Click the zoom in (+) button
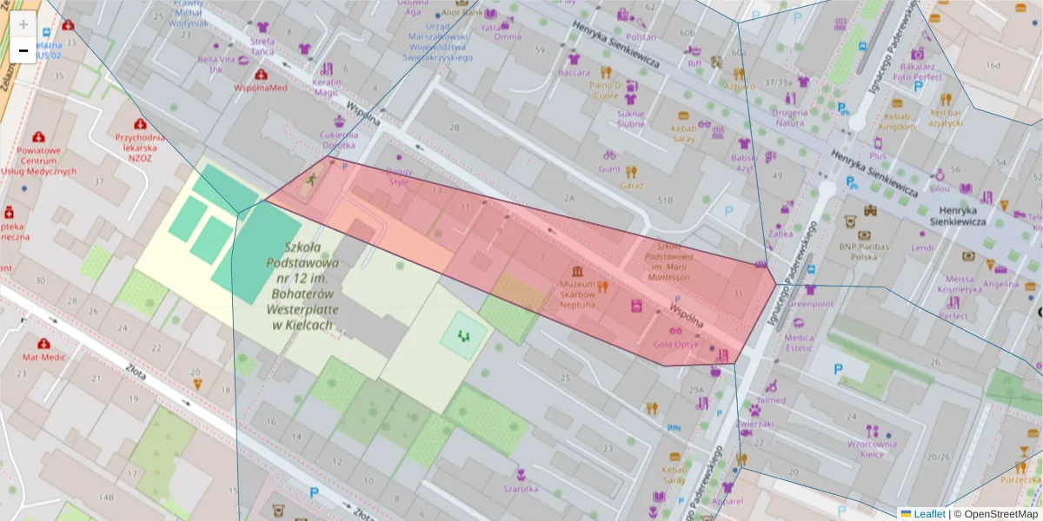[23, 24]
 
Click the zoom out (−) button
[23, 49]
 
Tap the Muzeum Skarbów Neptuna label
[577, 294]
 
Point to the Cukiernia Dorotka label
[338, 141]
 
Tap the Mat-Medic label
[44, 357]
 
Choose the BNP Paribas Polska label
[864, 252]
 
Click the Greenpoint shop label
[810, 304]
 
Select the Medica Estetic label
[799, 342]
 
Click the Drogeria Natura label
[790, 117]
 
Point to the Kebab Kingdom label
[896, 121]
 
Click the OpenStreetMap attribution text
[995, 514]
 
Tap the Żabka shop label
[781, 233]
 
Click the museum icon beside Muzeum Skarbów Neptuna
[577, 273]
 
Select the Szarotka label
[520, 488]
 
